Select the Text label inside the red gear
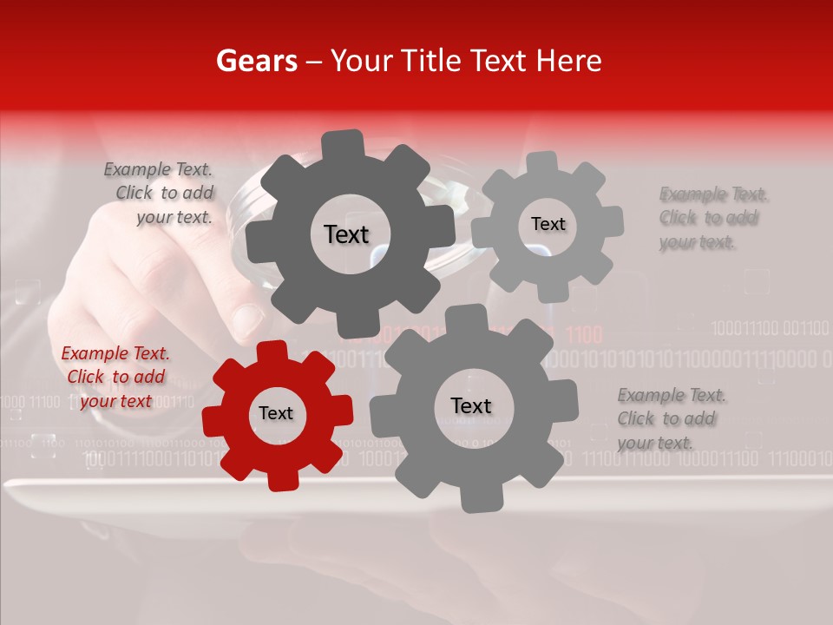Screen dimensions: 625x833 [x=276, y=414]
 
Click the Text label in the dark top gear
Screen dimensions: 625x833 [x=346, y=234]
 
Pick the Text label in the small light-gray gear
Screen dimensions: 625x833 [x=548, y=224]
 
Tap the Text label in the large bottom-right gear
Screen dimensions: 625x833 [x=470, y=406]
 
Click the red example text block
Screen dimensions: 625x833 [x=115, y=378]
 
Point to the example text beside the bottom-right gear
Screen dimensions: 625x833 [x=672, y=419]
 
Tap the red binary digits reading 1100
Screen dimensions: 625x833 [x=585, y=333]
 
